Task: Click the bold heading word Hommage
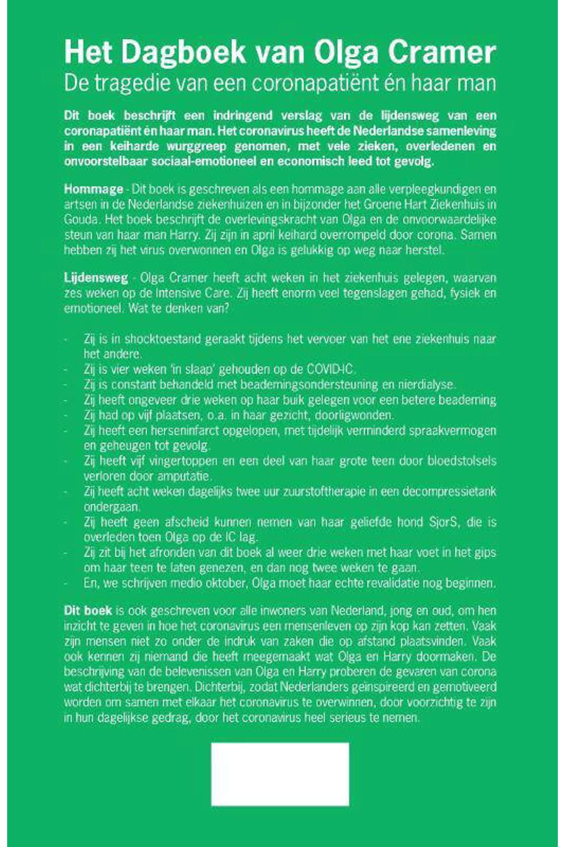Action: click(x=93, y=189)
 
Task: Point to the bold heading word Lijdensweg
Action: click(x=96, y=278)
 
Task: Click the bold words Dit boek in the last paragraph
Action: click(x=88, y=611)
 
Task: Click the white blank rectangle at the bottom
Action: click(x=280, y=774)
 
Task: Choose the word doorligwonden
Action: click(x=358, y=415)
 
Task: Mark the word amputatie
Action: click(x=185, y=476)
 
